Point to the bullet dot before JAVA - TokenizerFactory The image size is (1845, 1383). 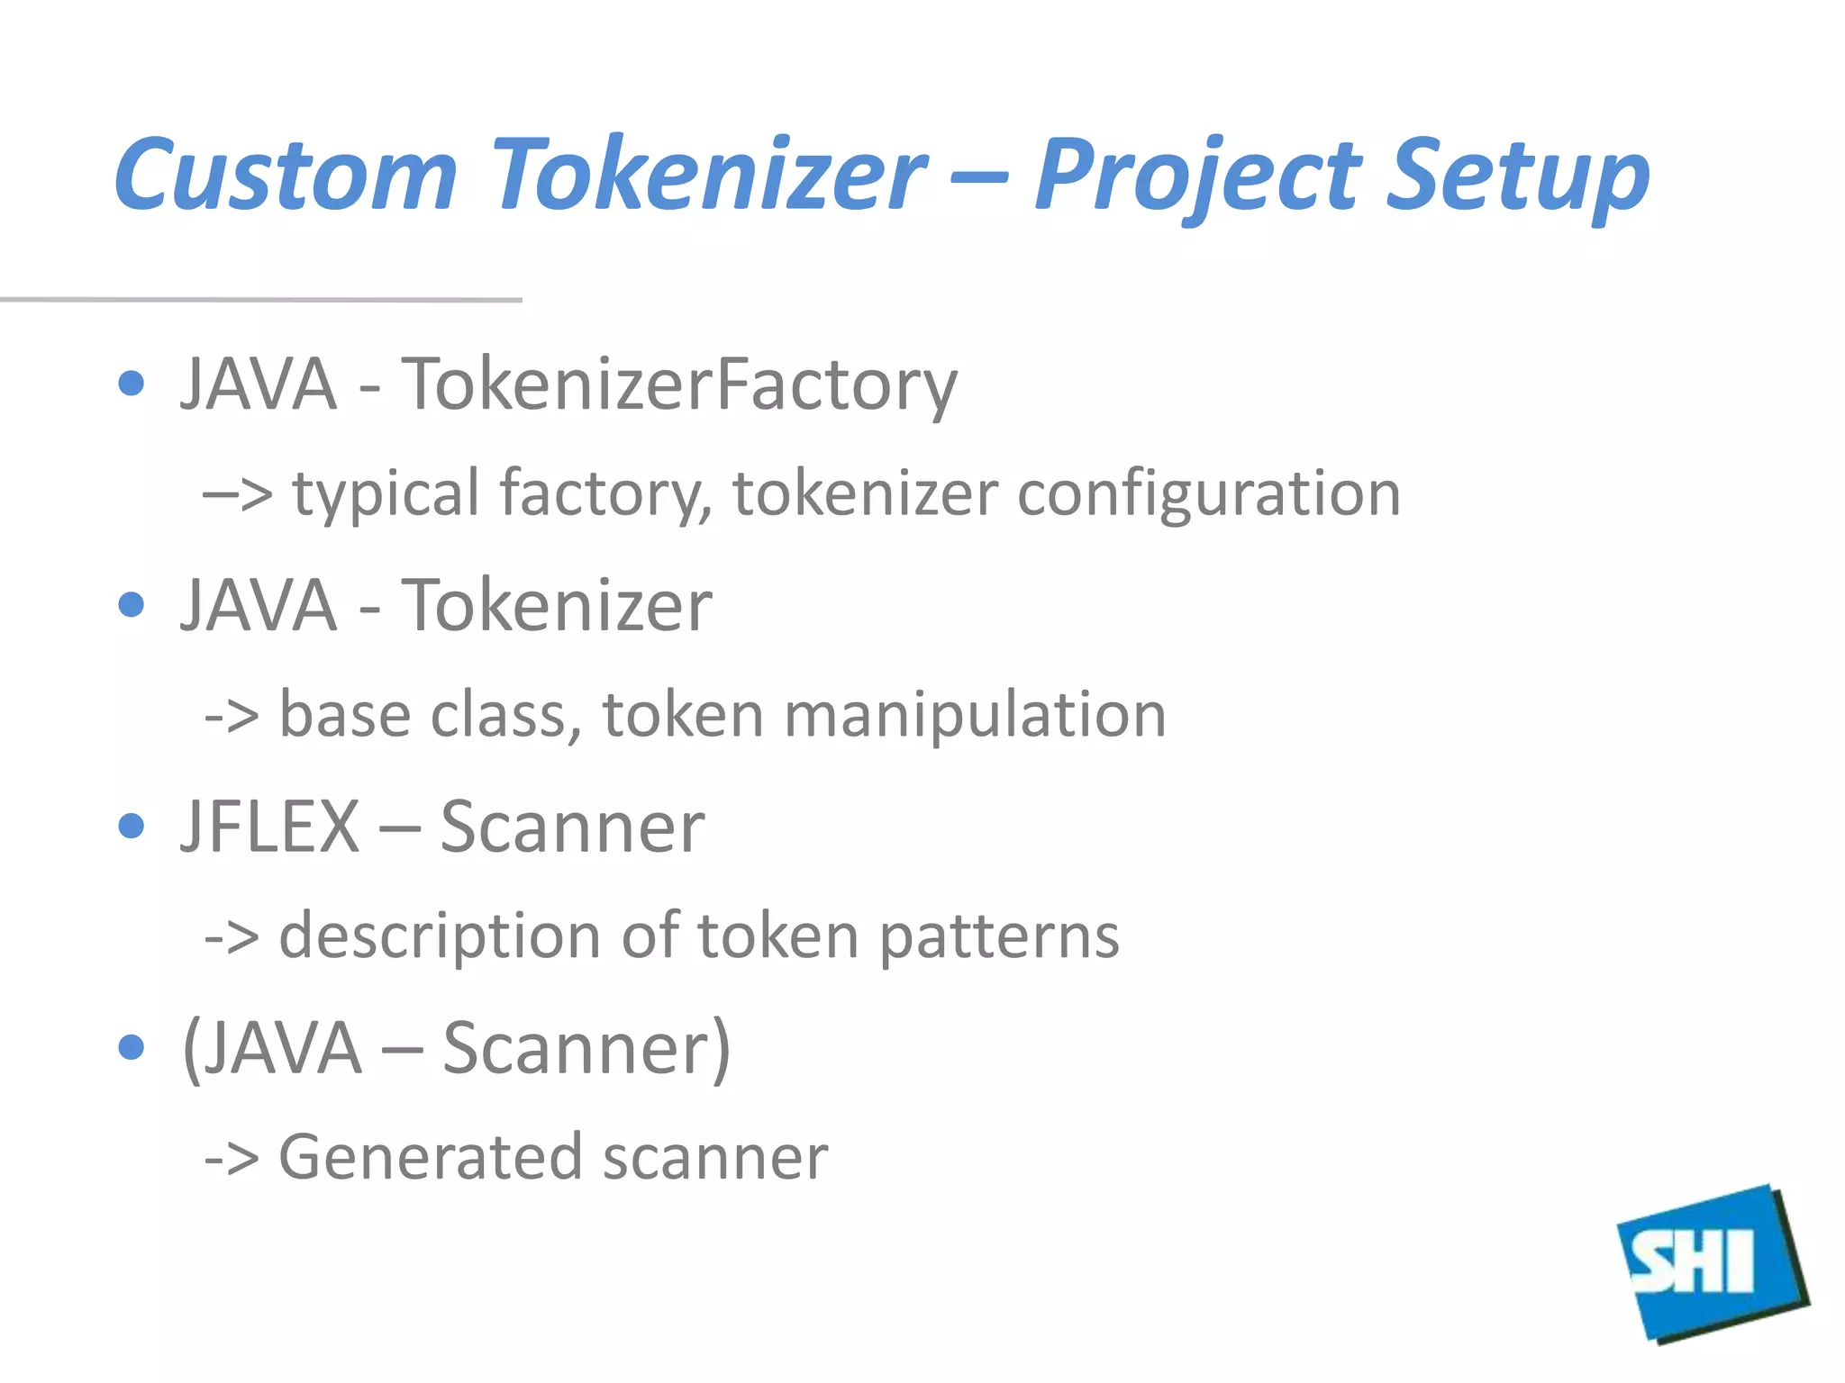132,384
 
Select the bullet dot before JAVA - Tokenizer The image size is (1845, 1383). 132,604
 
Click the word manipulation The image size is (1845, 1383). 975,715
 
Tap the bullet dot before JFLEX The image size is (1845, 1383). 132,826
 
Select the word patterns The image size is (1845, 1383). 999,936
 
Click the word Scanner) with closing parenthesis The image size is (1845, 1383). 586,1048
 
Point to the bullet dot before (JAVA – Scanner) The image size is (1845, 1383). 132,1047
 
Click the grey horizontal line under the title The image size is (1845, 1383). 261,299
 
